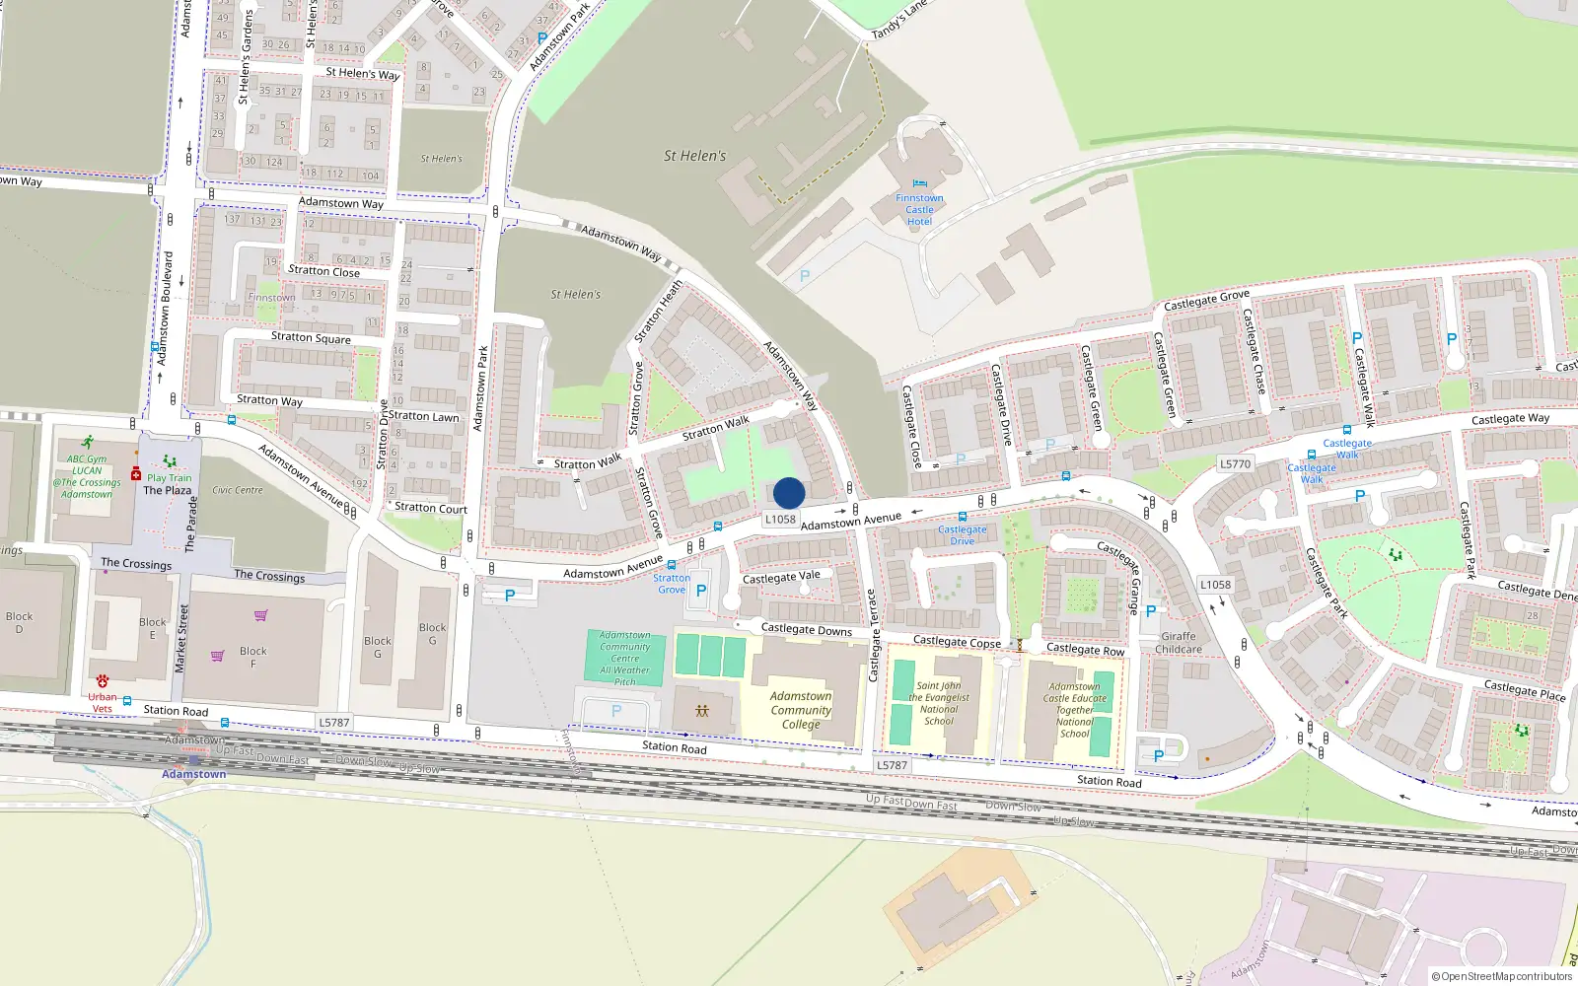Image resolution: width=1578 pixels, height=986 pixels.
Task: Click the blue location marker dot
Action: (x=789, y=493)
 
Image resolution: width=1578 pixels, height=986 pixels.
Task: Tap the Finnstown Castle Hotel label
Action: (x=919, y=209)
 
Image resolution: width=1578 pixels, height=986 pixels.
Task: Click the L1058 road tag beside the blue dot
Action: (x=780, y=519)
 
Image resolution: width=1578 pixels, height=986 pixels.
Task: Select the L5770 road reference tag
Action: (x=1235, y=463)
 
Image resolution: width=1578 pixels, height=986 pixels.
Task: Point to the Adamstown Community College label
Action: (x=801, y=710)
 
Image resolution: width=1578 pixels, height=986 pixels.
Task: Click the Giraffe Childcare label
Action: (x=1179, y=643)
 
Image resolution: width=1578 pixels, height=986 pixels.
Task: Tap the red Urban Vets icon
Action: (x=103, y=681)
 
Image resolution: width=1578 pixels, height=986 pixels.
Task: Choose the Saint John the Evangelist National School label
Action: (x=939, y=703)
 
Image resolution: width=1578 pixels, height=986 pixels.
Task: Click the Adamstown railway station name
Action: (x=194, y=774)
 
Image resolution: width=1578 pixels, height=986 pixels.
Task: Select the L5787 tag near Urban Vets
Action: (x=334, y=723)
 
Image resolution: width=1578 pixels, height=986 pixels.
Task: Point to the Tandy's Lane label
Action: (x=899, y=21)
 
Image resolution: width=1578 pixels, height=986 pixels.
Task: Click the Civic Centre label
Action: (x=238, y=490)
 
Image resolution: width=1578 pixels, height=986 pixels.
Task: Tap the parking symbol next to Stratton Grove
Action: (x=701, y=591)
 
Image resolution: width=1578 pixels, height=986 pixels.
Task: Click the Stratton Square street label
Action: (x=311, y=337)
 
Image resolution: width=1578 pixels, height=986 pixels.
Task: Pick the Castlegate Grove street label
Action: (x=1206, y=301)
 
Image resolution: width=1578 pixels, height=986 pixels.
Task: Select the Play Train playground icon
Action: (x=170, y=461)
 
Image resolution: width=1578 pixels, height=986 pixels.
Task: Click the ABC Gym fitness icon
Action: (x=88, y=442)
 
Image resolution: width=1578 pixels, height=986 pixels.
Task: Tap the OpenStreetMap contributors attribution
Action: (x=1502, y=976)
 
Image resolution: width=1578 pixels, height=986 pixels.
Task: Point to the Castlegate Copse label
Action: (x=957, y=642)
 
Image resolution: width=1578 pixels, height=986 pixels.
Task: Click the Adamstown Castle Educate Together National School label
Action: (x=1075, y=710)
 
